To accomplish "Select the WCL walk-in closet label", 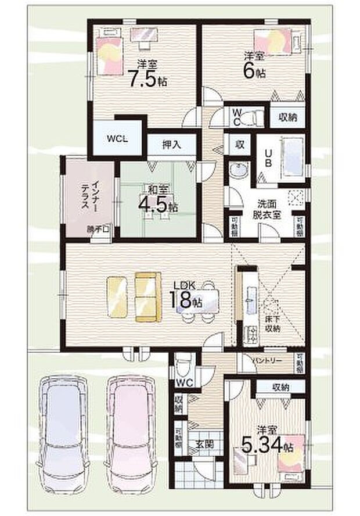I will pyautogui.click(x=117, y=139).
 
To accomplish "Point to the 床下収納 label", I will pyautogui.click(x=272, y=324).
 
